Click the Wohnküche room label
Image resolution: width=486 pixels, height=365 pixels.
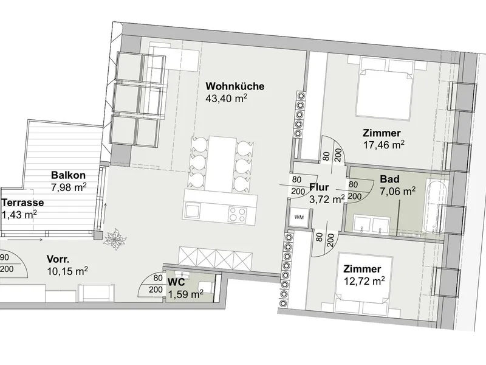point(235,86)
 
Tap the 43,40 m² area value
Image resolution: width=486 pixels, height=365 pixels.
point(226,99)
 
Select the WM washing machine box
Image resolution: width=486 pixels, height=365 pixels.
point(299,217)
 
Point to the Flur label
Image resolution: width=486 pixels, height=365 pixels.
point(320,187)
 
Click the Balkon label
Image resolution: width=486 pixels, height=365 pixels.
point(68,175)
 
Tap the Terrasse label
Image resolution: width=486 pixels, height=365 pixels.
point(23,203)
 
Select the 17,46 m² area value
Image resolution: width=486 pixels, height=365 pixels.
point(384,145)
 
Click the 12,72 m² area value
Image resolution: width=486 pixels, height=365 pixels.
point(364,281)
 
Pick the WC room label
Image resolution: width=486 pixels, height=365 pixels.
point(176,282)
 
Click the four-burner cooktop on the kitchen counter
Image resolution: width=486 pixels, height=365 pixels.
point(238,214)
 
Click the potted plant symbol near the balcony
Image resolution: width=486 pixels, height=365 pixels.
point(115,238)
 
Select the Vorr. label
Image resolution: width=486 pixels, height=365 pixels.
point(58,259)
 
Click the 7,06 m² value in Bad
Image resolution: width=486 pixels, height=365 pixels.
point(398,192)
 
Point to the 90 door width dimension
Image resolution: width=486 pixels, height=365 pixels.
point(5,257)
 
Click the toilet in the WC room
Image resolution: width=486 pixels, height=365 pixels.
point(206,287)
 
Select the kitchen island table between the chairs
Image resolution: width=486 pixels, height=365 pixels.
point(221,164)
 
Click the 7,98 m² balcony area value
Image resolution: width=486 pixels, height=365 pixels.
point(69,187)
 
